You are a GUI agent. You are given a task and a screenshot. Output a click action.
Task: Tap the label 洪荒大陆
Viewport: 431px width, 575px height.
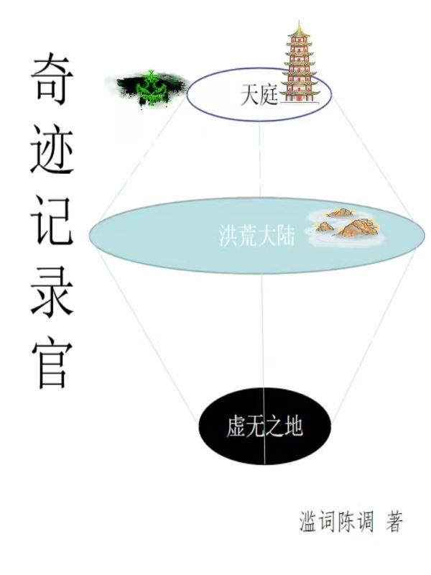pyautogui.click(x=257, y=237)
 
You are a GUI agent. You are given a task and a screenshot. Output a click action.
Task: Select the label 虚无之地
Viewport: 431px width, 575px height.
pyautogui.click(x=264, y=428)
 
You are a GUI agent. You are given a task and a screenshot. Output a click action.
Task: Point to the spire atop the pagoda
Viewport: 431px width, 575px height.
pyautogui.click(x=299, y=27)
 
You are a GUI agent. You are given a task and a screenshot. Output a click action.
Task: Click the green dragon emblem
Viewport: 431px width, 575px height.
pyautogui.click(x=151, y=88)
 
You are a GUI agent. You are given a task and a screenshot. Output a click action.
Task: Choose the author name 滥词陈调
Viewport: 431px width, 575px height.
pyautogui.click(x=336, y=522)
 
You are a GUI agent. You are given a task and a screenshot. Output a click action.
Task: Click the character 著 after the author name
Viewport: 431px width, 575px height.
pyautogui.click(x=394, y=522)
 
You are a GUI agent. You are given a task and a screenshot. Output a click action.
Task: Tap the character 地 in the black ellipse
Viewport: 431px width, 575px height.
pyautogui.click(x=293, y=428)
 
